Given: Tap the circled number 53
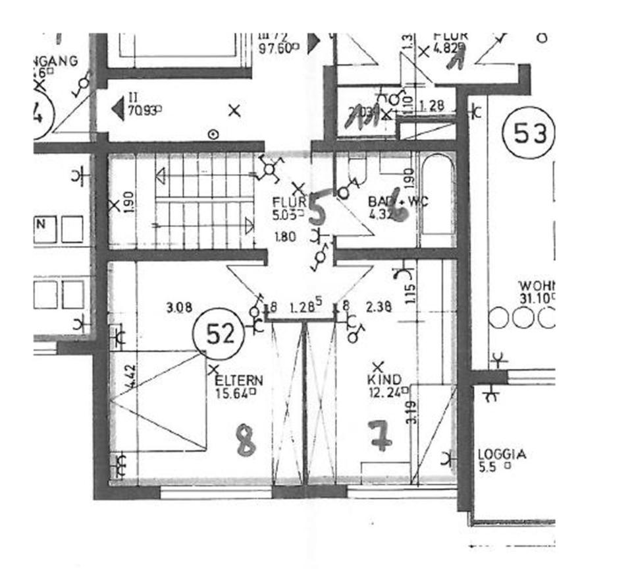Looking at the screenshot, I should click(530, 135).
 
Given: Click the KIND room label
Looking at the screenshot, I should click(384, 380).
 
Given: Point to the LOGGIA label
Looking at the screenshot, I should click(502, 454).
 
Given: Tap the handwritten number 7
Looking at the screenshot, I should click(381, 436).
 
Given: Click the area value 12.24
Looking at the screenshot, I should click(385, 393).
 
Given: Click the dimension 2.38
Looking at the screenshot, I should click(379, 307).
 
